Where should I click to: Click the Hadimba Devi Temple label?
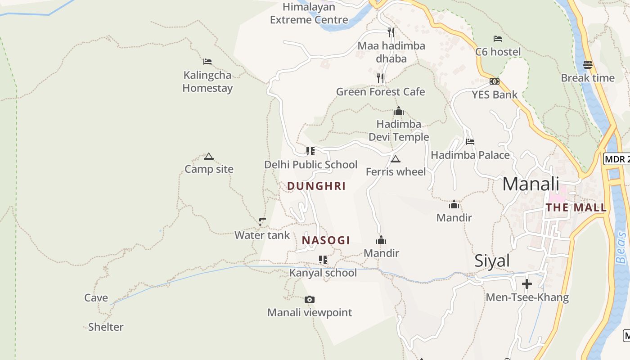(399, 130)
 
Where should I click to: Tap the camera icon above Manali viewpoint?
(310, 300)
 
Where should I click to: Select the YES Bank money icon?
(495, 81)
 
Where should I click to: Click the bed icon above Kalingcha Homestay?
(207, 62)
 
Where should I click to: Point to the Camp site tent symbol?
(208, 157)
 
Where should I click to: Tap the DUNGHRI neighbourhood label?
(316, 186)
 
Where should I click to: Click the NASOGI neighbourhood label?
(326, 240)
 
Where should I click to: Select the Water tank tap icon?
(262, 221)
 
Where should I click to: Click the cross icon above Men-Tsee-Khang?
(527, 284)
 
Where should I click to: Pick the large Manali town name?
(531, 184)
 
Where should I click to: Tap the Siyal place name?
(492, 261)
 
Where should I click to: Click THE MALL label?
(576, 207)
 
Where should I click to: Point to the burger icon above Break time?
(587, 65)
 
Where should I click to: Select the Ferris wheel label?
(396, 172)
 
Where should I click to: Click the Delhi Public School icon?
(310, 151)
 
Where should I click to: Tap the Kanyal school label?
(323, 273)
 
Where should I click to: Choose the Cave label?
(96, 298)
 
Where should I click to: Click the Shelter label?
(106, 327)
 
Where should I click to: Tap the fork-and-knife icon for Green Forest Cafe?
(380, 78)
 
